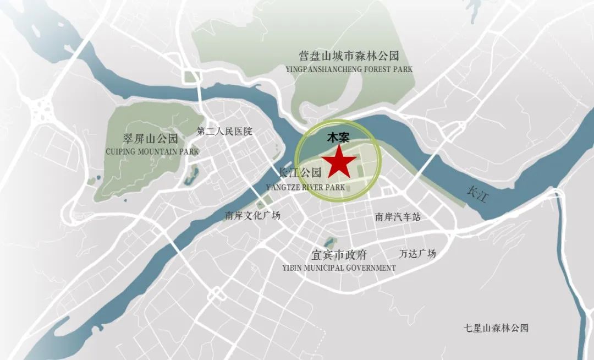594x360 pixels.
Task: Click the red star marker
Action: point(339,162)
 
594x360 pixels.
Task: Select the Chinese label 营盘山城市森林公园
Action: point(348,56)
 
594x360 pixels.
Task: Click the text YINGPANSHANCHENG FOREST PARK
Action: point(349,70)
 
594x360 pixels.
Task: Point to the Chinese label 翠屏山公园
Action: point(151,138)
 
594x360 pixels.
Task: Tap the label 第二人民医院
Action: point(224,132)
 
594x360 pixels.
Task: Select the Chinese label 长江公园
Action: point(300,173)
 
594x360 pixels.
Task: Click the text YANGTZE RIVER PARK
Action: point(305,187)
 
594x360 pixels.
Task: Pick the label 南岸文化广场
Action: point(252,216)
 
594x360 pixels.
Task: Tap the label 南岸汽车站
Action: point(398,217)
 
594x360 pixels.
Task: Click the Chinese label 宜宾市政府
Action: point(339,255)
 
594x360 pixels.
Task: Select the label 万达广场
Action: point(417,254)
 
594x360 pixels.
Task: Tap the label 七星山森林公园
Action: point(496,328)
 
